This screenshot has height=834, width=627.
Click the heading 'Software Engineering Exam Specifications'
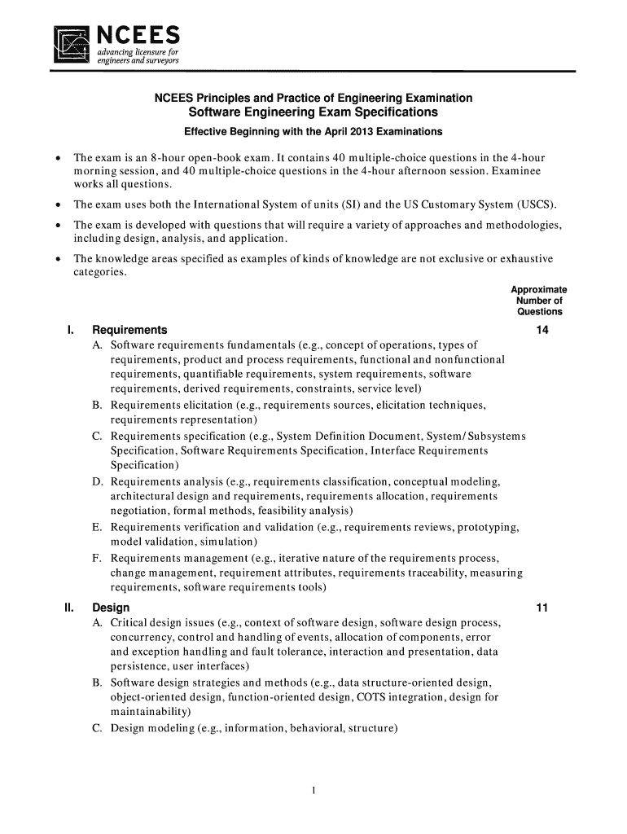(313, 112)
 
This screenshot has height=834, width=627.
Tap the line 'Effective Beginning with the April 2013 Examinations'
(313, 132)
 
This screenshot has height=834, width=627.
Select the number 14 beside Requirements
(539, 331)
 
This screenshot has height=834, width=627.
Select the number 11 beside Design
(539, 608)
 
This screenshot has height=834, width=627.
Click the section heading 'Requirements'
(130, 331)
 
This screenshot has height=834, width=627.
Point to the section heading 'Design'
(111, 608)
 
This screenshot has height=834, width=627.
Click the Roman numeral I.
(71, 331)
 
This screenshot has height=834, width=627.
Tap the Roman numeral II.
(70, 608)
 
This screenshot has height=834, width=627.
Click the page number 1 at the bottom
(313, 790)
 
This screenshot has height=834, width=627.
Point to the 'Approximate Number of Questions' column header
(538, 301)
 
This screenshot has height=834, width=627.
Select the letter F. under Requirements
(97, 559)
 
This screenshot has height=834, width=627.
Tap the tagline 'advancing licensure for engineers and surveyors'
(133, 57)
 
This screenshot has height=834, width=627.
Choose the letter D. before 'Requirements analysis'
(97, 481)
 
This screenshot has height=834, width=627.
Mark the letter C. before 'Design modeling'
(97, 729)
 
